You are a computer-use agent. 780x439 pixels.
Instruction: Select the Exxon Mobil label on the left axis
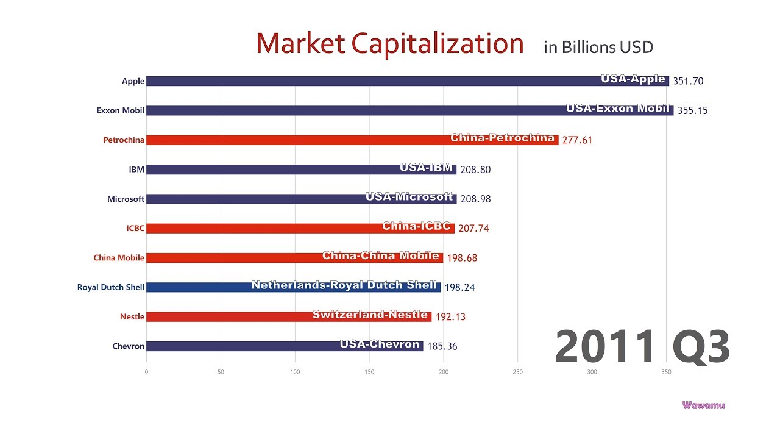120,110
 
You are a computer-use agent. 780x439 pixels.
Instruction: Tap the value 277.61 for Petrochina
577,140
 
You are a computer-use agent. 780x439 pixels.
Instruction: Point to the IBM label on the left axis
136,170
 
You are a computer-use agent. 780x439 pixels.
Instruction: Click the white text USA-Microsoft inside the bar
409,196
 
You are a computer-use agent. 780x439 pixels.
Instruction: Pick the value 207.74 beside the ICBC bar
473,229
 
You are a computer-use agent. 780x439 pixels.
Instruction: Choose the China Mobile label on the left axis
119,258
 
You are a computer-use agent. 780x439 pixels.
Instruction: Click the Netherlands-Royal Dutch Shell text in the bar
344,285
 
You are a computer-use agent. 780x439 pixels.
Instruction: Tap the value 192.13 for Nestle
450,317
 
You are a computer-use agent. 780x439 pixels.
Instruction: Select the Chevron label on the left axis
128,346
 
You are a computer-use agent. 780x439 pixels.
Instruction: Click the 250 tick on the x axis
518,372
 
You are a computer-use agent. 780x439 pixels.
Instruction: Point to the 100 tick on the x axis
295,372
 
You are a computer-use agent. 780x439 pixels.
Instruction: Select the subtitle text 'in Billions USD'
598,47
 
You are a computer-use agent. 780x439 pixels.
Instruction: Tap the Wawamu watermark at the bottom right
704,405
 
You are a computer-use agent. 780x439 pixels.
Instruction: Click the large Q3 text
701,346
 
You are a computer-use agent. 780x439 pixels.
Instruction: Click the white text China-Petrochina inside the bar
503,138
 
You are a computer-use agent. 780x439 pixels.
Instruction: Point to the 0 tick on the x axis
146,372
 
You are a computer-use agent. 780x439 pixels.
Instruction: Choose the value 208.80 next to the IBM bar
475,170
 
